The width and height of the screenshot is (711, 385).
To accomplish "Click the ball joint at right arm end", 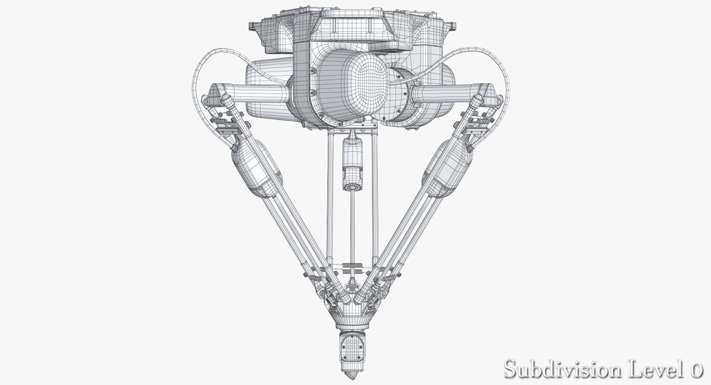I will pos(478,100).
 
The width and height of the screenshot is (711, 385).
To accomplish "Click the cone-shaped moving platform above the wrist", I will pos(350,316).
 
